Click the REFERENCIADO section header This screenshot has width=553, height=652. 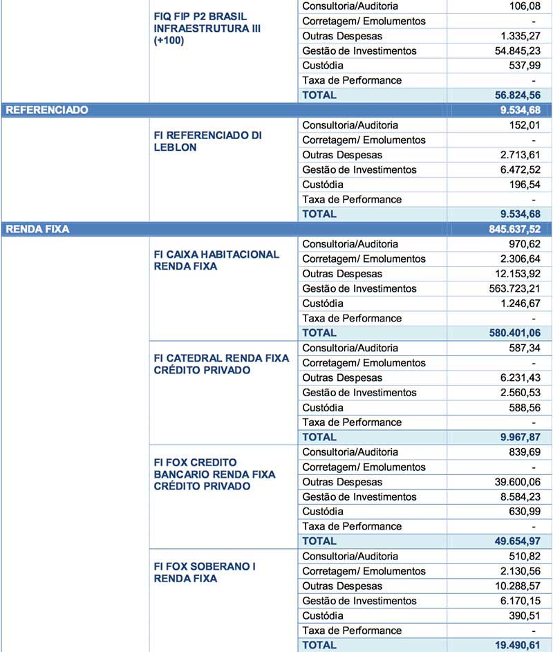click(47, 110)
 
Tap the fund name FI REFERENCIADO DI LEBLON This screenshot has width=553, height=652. click(207, 142)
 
